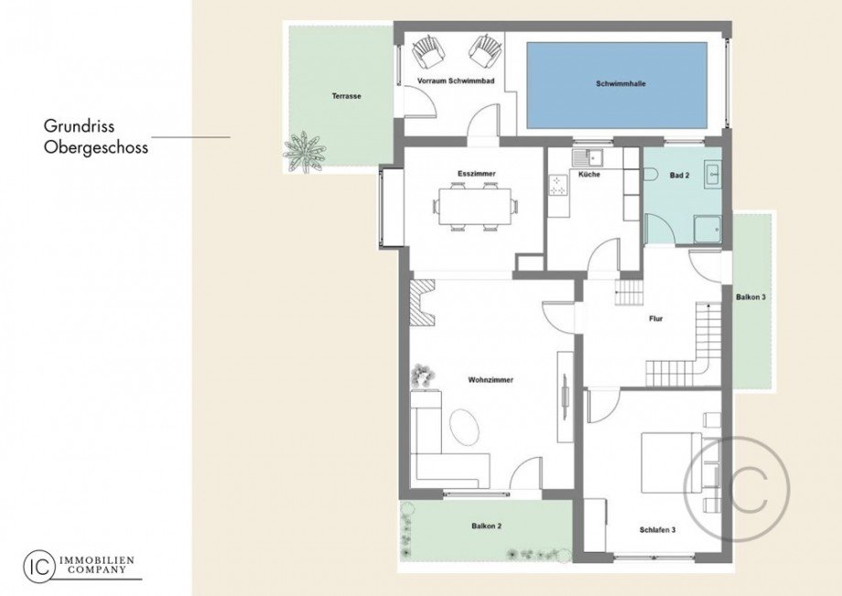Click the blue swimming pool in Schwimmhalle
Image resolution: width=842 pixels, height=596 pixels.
(616, 85)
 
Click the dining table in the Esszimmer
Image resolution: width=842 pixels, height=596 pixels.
(475, 206)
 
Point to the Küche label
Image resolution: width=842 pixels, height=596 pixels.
(588, 174)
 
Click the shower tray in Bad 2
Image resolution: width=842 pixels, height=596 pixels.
(706, 229)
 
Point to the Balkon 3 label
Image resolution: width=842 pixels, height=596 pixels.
(751, 298)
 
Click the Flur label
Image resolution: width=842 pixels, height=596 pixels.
(655, 319)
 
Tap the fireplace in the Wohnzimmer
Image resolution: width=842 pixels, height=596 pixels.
(423, 302)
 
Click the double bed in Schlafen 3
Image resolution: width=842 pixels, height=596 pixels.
(670, 462)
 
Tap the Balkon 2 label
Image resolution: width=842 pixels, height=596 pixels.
(487, 526)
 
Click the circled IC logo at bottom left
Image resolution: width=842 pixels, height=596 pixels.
(38, 564)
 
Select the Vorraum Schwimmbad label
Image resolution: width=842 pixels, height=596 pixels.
(456, 81)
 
